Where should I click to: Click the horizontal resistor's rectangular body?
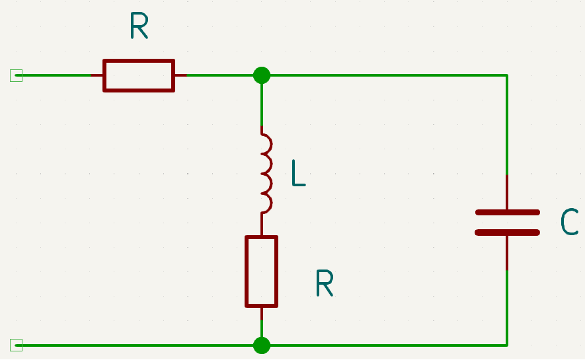(x=139, y=59)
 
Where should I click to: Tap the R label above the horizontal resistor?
(x=139, y=25)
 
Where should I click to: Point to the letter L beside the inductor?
(x=299, y=172)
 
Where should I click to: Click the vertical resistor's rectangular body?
(x=246, y=271)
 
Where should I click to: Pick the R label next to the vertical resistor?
(x=324, y=283)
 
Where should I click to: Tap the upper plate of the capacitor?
(x=508, y=213)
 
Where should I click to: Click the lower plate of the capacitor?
(x=508, y=233)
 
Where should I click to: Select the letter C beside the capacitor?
(x=569, y=222)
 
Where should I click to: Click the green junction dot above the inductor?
(x=262, y=75)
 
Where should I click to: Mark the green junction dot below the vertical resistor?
(x=262, y=345)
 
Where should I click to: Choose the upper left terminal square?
(x=16, y=75)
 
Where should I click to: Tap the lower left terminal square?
(x=16, y=345)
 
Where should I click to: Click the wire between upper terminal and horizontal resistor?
(x=54, y=75)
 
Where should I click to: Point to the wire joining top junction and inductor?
(x=262, y=100)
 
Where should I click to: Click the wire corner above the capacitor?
(x=507, y=75)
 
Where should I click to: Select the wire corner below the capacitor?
(x=507, y=345)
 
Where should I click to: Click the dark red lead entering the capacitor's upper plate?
(x=507, y=192)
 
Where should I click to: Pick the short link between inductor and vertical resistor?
(x=262, y=224)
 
